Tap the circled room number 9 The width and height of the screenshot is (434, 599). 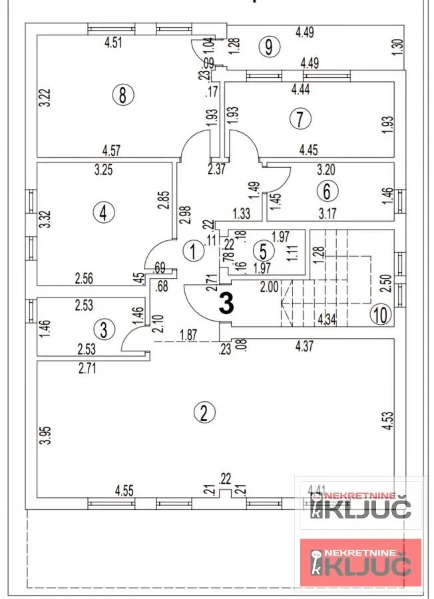point(268,47)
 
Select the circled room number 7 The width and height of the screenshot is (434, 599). point(300,119)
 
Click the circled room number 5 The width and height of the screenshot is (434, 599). point(263,252)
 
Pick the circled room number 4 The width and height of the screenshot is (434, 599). point(103,213)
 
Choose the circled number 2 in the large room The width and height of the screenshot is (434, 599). point(204,413)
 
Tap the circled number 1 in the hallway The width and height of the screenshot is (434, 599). point(193,252)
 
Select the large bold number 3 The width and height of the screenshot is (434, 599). point(227,304)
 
